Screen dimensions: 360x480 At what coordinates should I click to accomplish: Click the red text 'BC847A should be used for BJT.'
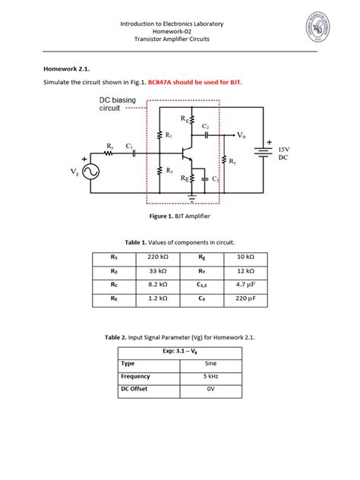[201, 81]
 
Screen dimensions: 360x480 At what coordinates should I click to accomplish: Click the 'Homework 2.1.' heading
[67, 67]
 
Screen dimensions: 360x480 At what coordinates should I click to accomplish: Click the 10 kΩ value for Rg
[245, 257]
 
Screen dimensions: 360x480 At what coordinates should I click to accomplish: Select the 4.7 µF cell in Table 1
[245, 286]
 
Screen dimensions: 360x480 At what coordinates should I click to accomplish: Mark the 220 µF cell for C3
[245, 300]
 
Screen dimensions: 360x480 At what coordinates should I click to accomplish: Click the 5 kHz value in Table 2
[211, 376]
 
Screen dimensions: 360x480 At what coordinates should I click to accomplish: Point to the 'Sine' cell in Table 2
[211, 364]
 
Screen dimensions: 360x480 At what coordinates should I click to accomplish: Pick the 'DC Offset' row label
[137, 389]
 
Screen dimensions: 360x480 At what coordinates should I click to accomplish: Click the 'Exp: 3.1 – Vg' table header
[180, 352]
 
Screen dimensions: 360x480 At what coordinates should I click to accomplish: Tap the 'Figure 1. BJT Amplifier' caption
[179, 216]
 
